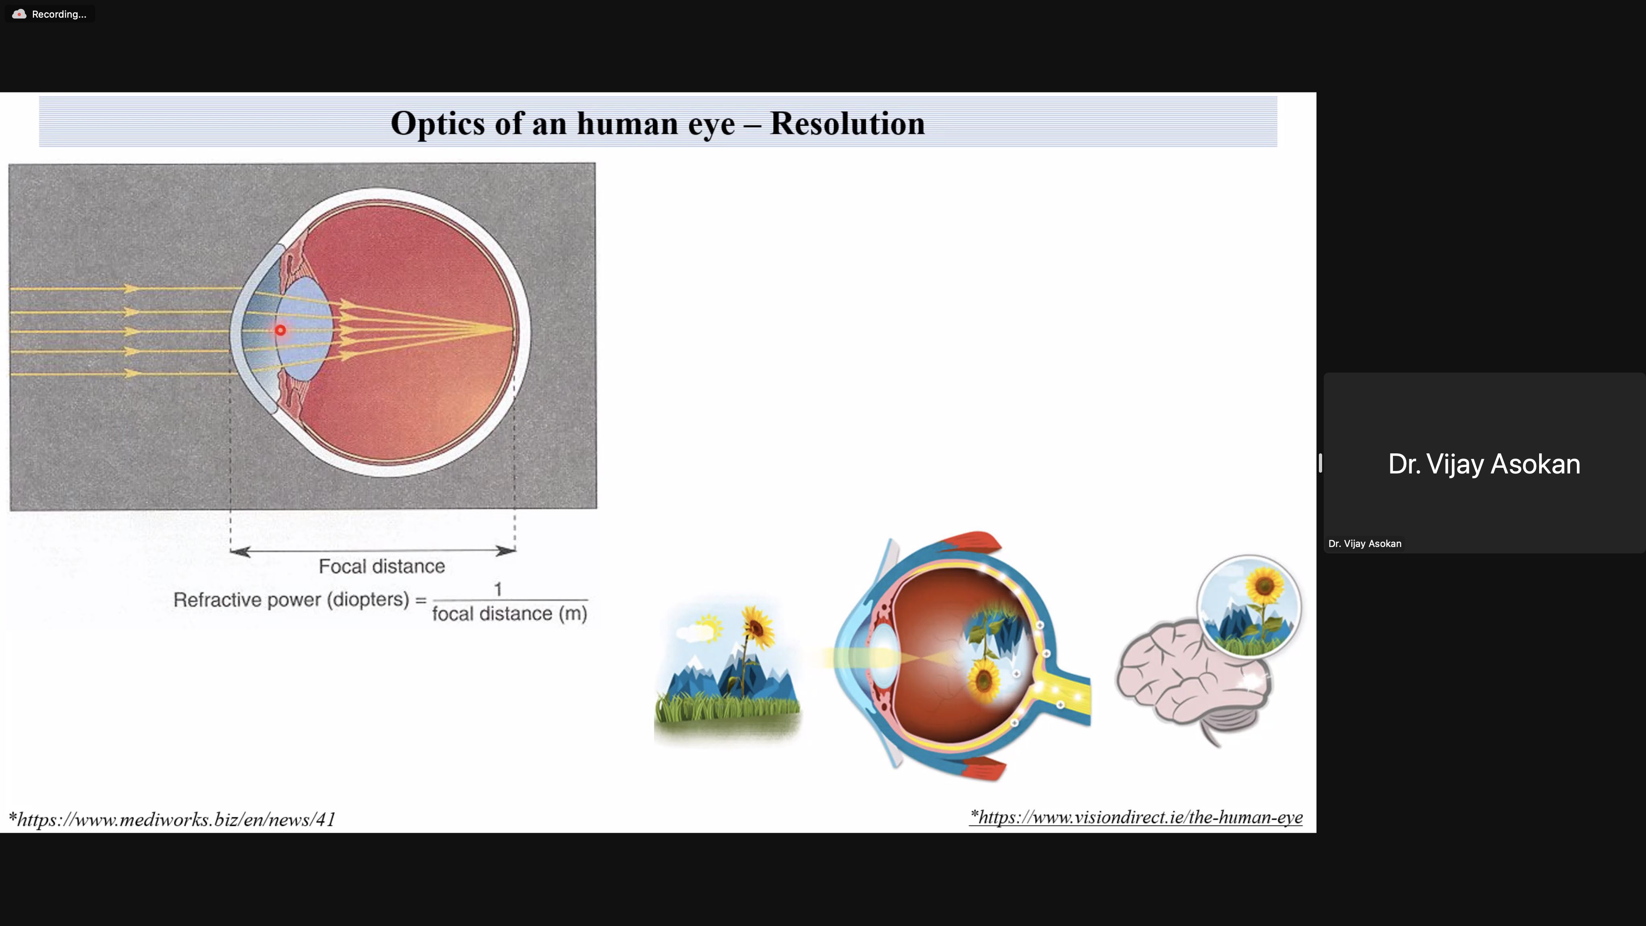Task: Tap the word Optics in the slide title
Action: click(438, 124)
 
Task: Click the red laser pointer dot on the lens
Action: click(280, 330)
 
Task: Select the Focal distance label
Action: click(381, 566)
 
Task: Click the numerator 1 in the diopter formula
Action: click(498, 588)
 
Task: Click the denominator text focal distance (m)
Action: click(509, 613)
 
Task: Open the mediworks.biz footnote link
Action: click(172, 819)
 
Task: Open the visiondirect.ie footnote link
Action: click(1136, 817)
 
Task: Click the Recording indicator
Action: click(50, 14)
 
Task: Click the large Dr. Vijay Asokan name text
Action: click(1484, 464)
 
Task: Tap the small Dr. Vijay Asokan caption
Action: click(1364, 544)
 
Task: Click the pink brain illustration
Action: click(1192, 680)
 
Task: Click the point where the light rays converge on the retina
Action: click(513, 329)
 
